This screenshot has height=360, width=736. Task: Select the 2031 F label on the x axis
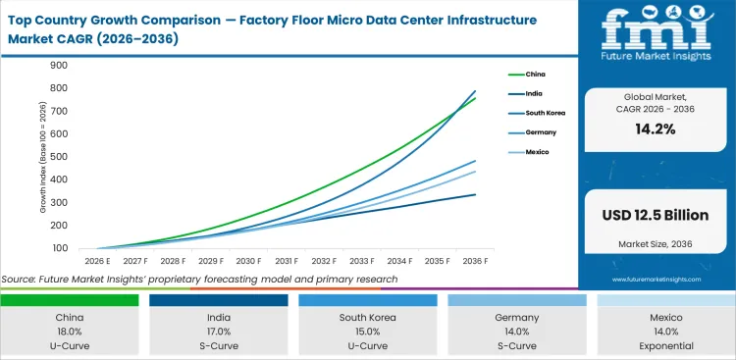[x=287, y=262]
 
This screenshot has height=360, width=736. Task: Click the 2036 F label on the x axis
[x=475, y=262]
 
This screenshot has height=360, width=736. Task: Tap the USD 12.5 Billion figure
[x=657, y=214]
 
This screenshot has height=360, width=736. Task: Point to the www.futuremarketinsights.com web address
[x=656, y=280]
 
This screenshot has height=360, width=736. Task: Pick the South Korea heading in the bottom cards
[x=369, y=317]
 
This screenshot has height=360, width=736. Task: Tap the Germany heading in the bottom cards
[x=517, y=317]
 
